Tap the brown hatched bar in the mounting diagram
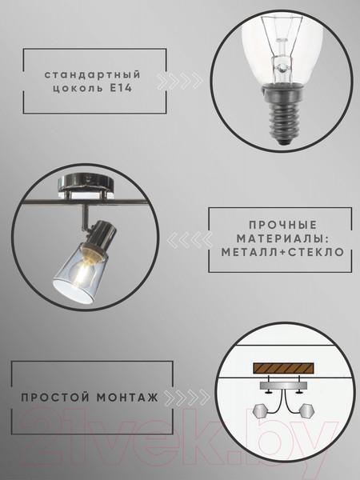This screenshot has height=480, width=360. coord(282,370)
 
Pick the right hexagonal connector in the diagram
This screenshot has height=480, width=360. coord(306,414)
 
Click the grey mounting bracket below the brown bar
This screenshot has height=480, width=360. coord(282,390)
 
